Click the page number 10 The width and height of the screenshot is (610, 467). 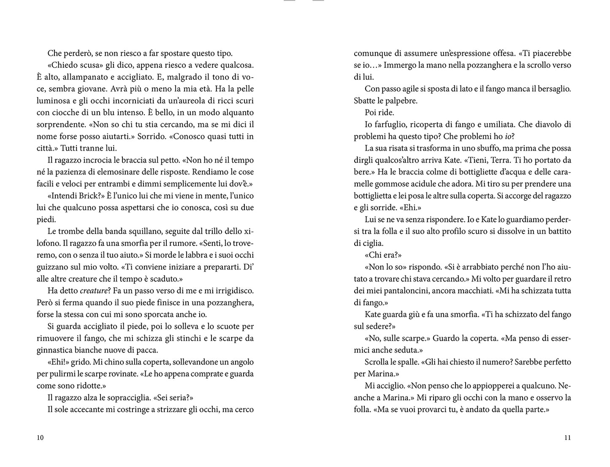pyautogui.click(x=40, y=437)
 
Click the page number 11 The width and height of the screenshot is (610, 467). pyautogui.click(x=567, y=437)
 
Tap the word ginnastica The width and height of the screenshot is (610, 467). pyautogui.click(x=55, y=350)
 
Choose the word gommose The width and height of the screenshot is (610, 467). pyautogui.click(x=373, y=184)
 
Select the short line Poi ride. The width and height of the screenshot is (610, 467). pyautogui.click(x=379, y=113)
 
